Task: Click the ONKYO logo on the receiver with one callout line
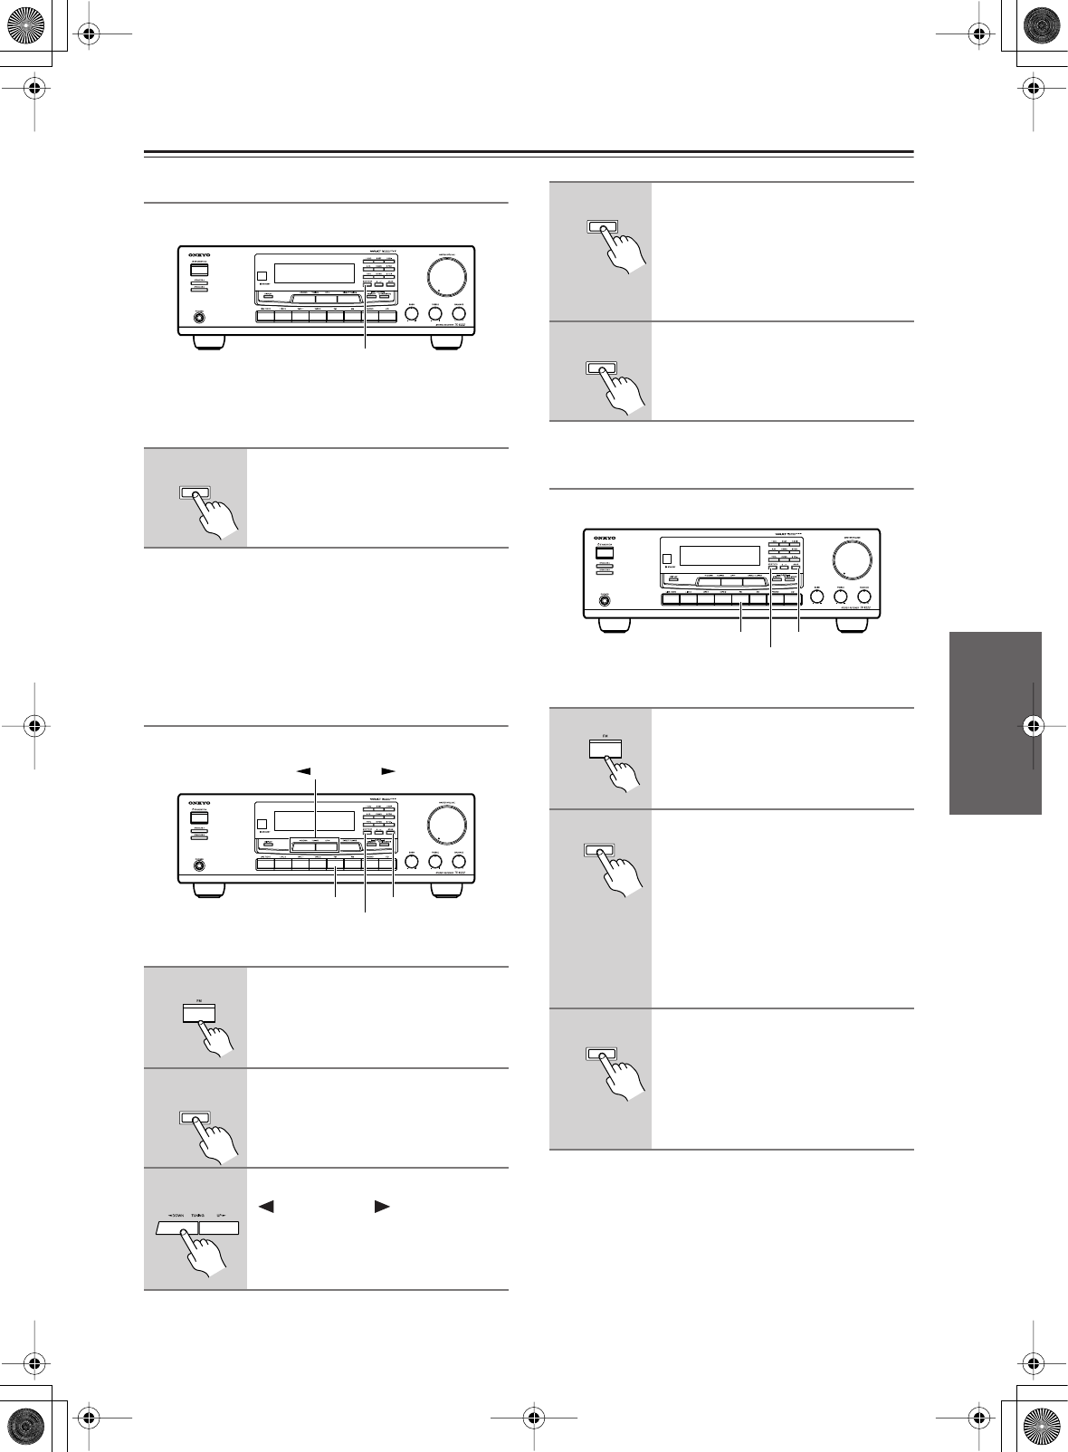[198, 255]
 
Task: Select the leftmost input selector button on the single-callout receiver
[265, 317]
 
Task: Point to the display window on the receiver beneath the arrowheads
[314, 821]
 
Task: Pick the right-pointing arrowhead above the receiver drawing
[388, 771]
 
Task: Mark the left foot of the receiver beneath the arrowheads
[208, 891]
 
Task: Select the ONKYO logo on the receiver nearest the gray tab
[604, 538]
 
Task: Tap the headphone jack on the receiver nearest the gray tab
[604, 599]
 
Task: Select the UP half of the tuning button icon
[218, 1228]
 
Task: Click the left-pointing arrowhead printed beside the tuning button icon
[265, 1207]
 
